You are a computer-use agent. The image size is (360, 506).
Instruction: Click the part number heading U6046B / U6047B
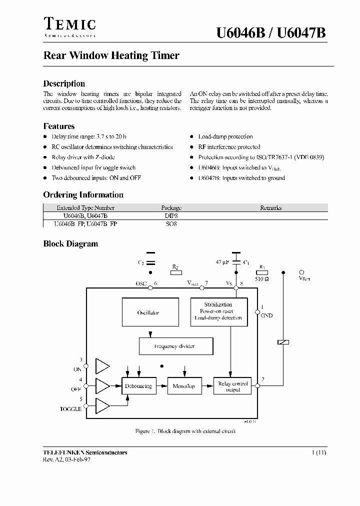(271, 33)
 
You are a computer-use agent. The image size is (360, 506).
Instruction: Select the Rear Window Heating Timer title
(111, 56)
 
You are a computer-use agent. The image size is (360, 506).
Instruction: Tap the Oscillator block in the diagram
(150, 312)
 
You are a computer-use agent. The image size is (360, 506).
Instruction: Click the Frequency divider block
(175, 346)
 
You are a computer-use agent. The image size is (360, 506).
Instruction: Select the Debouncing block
(138, 386)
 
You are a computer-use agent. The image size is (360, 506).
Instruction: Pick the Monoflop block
(184, 386)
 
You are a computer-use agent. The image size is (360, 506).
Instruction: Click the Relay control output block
(233, 386)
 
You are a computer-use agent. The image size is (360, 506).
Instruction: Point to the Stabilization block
(218, 311)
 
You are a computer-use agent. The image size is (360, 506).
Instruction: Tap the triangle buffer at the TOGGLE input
(102, 406)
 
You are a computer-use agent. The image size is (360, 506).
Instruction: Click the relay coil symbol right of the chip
(283, 342)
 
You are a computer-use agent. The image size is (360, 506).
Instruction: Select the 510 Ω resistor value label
(262, 279)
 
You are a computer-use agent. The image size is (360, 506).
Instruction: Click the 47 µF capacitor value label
(222, 262)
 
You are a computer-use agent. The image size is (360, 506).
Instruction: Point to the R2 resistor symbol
(175, 273)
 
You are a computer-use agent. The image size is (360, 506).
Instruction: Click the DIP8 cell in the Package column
(171, 215)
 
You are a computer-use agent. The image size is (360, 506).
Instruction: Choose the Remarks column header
(270, 207)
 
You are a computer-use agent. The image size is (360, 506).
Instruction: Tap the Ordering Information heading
(83, 195)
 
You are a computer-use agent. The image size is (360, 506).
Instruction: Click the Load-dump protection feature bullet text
(225, 136)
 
